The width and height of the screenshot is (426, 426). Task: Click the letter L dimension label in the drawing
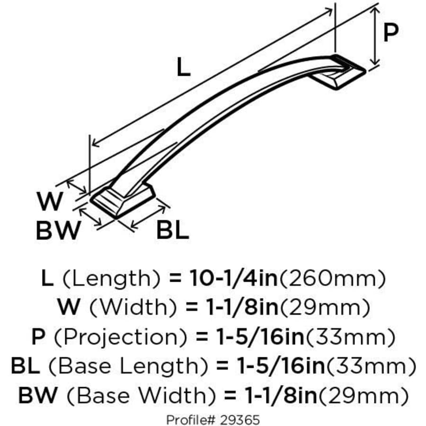(x=183, y=67)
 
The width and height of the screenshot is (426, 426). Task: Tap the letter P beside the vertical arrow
(x=390, y=33)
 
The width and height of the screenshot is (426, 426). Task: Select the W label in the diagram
(x=50, y=202)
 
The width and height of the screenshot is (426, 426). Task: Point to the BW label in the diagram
(x=58, y=231)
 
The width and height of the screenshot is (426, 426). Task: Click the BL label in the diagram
(x=173, y=231)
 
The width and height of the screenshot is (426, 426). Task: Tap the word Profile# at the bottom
(x=189, y=419)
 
